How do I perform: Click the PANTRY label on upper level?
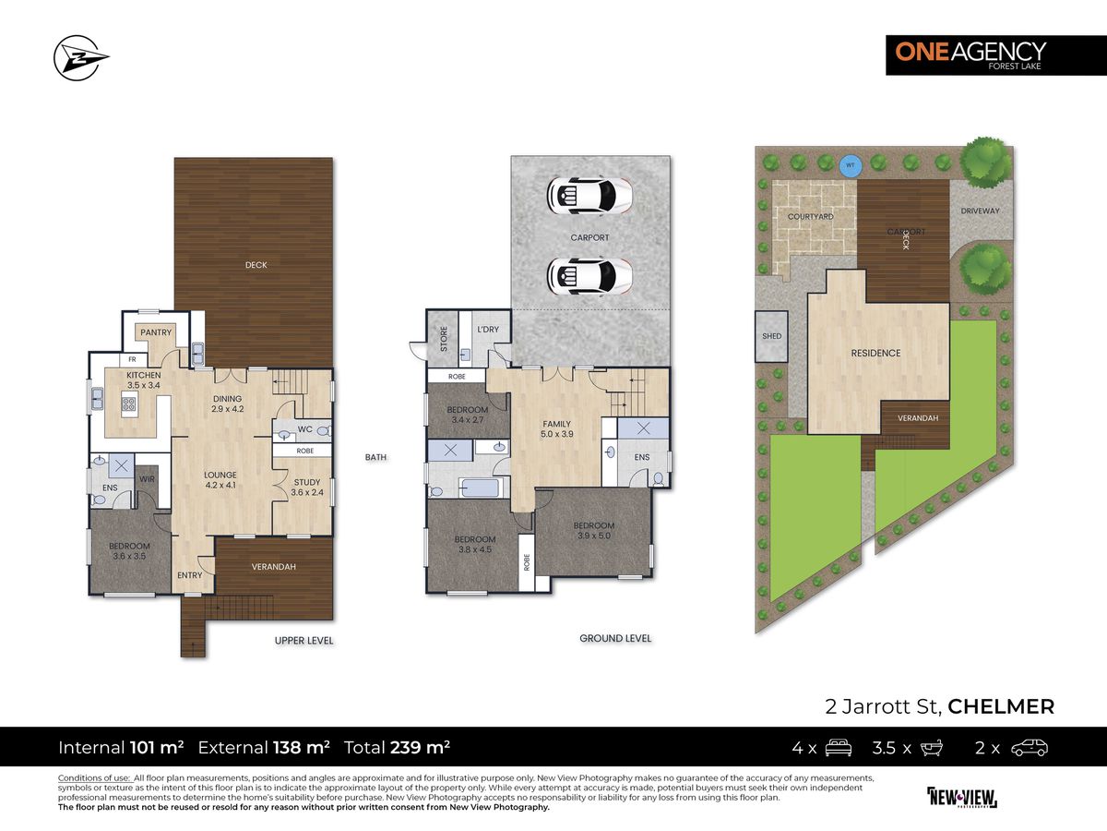coord(153,332)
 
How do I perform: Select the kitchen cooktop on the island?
coord(128,403)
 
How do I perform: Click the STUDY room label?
coord(307,488)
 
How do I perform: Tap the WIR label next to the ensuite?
coord(145,479)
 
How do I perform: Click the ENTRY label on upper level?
coord(190,575)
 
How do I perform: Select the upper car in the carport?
coord(589,195)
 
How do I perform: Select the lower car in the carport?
coord(589,274)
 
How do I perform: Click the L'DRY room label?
coord(487,330)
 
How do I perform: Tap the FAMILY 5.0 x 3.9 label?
coord(556,429)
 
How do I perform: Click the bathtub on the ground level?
coord(480,487)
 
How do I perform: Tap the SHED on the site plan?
coord(771,336)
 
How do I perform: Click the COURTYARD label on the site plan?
coord(811,217)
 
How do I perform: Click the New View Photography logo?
coord(961,797)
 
